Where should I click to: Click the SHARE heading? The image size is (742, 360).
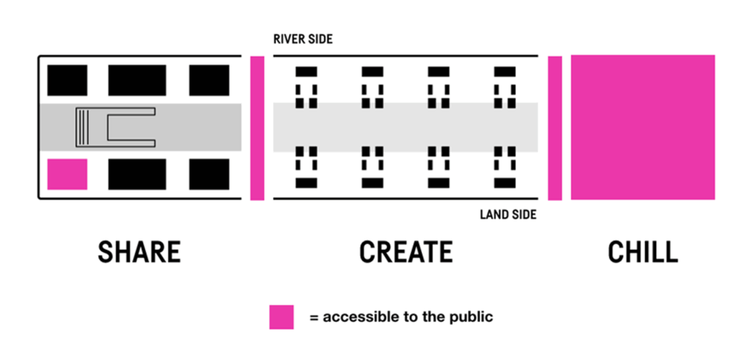click(x=139, y=252)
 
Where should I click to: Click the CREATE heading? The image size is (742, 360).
click(x=406, y=252)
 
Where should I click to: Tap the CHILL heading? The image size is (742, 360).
click(x=643, y=252)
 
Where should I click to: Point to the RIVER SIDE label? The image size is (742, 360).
click(x=303, y=39)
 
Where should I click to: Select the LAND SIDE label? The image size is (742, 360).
click(x=508, y=214)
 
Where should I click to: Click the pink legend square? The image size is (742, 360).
click(x=281, y=317)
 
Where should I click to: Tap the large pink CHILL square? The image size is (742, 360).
click(x=643, y=127)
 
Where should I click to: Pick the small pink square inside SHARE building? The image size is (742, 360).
click(x=67, y=175)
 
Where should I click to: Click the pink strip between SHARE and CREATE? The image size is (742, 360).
click(x=257, y=127)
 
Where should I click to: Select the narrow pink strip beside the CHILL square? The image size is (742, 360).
click(x=555, y=127)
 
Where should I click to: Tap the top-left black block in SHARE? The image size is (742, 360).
click(x=67, y=80)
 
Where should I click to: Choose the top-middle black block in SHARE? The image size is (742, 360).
click(x=137, y=80)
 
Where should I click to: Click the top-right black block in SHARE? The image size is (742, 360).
click(x=209, y=80)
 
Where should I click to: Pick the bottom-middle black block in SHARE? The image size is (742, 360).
click(x=137, y=175)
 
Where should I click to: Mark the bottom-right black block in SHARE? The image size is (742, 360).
click(x=209, y=175)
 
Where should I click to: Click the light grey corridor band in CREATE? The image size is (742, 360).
click(x=406, y=127)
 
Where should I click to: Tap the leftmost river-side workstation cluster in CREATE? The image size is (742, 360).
click(x=306, y=87)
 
